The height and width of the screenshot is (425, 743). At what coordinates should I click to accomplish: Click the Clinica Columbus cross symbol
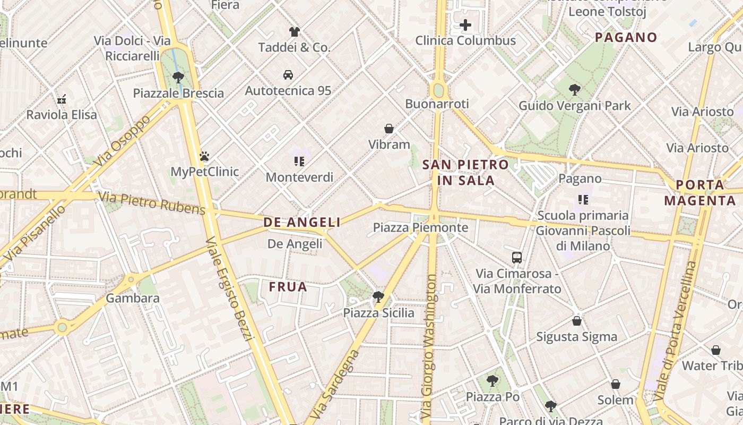coord(465,25)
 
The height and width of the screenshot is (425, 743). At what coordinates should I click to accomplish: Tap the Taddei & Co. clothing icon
coord(295,32)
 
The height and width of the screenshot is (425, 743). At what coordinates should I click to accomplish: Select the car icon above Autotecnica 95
coord(288,75)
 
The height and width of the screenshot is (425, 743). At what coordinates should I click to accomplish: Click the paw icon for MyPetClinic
coord(204,156)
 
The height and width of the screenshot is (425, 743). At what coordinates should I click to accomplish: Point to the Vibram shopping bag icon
coord(389,129)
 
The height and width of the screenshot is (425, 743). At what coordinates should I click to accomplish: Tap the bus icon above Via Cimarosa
coord(517,258)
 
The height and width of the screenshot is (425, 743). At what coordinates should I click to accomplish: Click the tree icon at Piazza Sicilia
coord(378,296)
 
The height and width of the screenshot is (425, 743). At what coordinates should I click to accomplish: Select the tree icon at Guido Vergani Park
coord(574,89)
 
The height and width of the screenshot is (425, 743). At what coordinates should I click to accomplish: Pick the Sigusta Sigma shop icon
coord(577,321)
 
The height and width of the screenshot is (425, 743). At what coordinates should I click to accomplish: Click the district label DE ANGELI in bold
coord(302,223)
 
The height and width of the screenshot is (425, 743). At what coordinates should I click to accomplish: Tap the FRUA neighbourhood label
coord(288,287)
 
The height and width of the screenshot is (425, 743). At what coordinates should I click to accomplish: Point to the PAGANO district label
coord(626,37)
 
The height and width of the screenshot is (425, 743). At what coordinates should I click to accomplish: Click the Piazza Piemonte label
coord(420,228)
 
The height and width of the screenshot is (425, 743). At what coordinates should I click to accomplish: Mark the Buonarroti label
coord(437,104)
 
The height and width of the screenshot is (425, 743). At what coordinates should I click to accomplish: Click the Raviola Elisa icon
coord(62,99)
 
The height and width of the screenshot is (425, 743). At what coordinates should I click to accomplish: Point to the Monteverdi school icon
coord(299,161)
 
